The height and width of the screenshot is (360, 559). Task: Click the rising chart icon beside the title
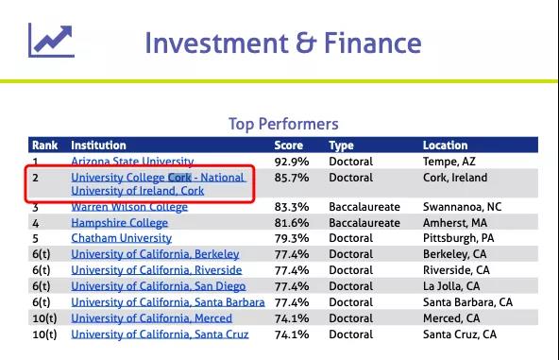(x=51, y=40)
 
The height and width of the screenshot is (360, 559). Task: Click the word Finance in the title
(x=373, y=43)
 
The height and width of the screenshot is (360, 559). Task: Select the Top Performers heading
(x=283, y=124)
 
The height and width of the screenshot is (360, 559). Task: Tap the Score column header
(x=288, y=146)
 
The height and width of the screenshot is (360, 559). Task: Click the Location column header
(x=445, y=146)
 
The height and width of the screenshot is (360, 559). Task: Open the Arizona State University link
(x=132, y=162)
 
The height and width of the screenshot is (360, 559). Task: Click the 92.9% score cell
(x=292, y=162)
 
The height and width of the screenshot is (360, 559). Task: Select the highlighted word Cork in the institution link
(x=179, y=178)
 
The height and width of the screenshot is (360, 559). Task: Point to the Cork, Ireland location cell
(x=455, y=178)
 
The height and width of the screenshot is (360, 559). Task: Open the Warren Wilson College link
(x=129, y=207)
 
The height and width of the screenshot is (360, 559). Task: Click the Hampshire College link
(x=119, y=223)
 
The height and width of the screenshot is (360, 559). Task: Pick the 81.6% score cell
(x=292, y=223)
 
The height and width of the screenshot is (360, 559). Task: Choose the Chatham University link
(x=121, y=238)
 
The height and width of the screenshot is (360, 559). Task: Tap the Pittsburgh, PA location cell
(x=459, y=238)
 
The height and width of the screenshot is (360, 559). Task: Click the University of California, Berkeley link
(x=155, y=254)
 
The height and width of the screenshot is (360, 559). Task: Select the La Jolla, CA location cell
(x=451, y=286)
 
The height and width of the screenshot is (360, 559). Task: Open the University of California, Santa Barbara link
(x=168, y=302)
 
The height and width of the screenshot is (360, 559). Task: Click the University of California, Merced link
(x=151, y=318)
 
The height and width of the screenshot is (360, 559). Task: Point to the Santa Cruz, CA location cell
(x=460, y=334)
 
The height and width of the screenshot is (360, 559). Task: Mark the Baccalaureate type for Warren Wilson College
(x=364, y=207)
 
